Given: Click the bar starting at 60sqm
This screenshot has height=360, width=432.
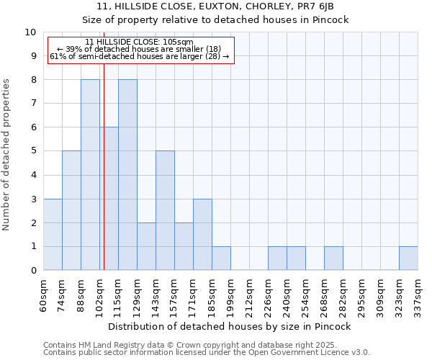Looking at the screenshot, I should point(53,235).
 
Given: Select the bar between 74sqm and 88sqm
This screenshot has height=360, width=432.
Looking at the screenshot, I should point(71,211).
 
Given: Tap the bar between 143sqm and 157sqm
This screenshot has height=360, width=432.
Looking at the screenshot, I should point(165,211).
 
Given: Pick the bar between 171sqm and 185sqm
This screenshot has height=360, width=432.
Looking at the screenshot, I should point(202,235).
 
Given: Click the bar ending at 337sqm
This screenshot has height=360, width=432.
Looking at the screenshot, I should point(408,258).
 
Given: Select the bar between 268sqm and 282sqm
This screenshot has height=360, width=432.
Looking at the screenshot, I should point(333,258).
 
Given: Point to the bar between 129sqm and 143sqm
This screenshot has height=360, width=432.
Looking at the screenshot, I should point(146,247).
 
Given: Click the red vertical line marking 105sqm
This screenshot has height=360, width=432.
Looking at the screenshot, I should point(104,180).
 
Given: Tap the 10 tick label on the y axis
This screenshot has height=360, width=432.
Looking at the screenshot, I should point(30,32).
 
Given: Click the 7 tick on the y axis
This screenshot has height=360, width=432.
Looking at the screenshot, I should point(33,104).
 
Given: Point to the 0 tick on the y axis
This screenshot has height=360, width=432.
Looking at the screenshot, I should point(33,271).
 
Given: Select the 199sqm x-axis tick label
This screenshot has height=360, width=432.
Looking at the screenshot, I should point(230,295).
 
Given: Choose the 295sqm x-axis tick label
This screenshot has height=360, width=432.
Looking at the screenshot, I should point(361,295).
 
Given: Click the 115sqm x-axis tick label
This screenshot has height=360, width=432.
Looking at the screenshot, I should point(118,295).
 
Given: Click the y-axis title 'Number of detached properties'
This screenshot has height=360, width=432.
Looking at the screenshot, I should point(6,155).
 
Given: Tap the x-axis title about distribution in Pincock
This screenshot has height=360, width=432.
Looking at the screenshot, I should point(230,326).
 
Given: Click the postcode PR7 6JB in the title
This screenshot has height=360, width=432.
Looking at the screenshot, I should point(314,6).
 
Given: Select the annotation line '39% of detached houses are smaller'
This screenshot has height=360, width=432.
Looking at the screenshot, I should point(139,49).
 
